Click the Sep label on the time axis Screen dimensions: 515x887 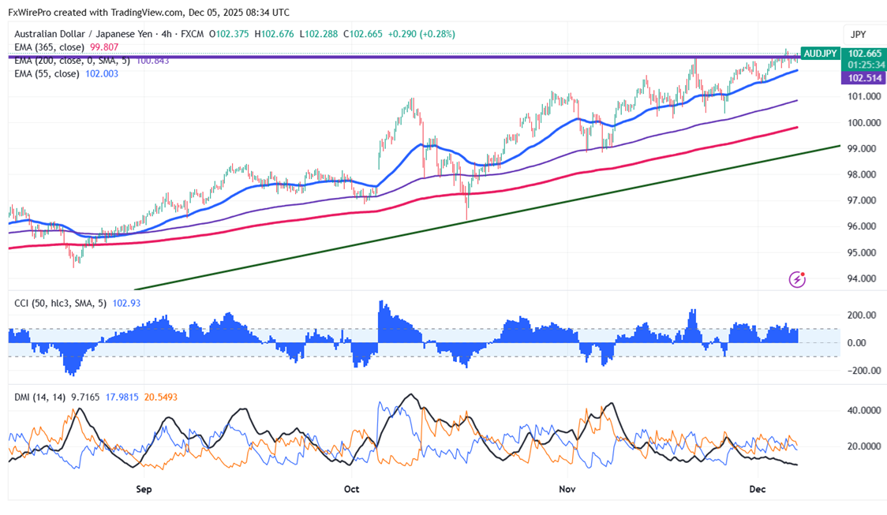143,489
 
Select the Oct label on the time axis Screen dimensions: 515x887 351,489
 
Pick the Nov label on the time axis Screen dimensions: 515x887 567,489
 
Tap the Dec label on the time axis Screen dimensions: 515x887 757,489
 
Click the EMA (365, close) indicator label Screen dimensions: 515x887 47,47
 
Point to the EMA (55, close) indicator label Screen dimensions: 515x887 45,73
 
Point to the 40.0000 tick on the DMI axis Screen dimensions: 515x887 863,411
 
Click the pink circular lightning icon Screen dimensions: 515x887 797,279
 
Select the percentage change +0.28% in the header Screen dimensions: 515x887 438,34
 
